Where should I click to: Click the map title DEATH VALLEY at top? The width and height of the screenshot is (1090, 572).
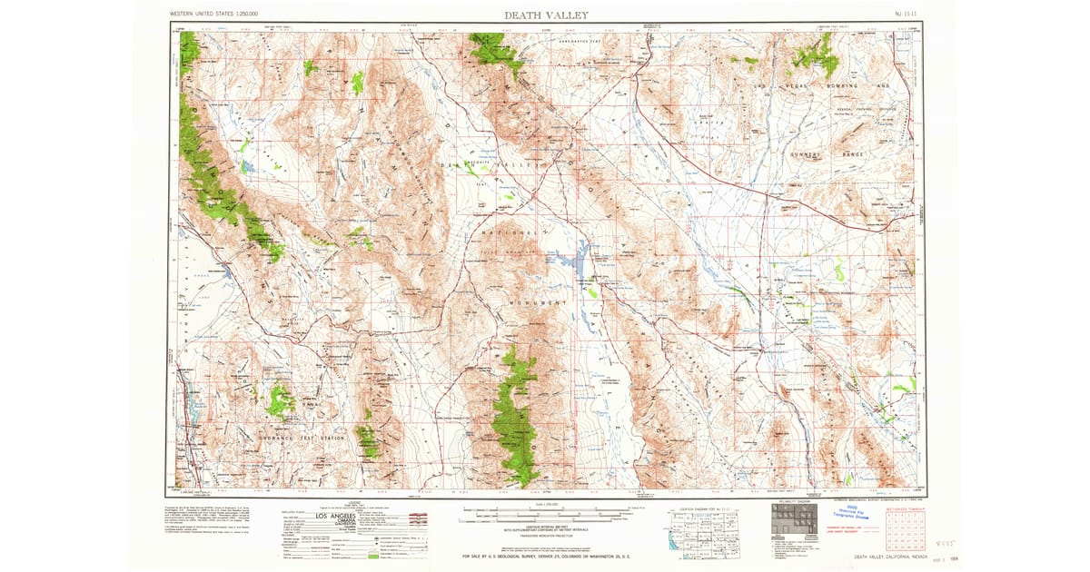coord(546,15)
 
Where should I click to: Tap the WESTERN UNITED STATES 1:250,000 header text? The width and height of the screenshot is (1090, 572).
coord(213,15)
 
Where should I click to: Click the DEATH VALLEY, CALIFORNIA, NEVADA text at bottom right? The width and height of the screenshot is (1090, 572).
coord(886,557)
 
